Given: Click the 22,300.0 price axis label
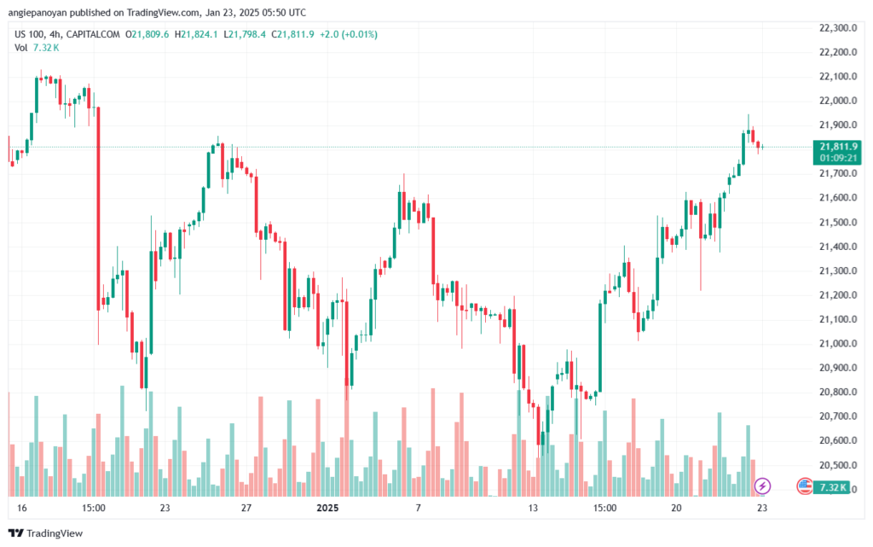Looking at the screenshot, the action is point(838,28).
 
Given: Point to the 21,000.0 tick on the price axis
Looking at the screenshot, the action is point(838,344).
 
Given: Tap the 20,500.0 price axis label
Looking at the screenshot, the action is point(838,465).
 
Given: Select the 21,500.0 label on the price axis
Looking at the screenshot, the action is point(838,222).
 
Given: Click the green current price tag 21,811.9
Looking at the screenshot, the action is point(839,147).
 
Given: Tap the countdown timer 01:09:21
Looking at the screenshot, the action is point(839,158).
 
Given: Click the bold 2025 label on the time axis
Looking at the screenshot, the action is point(327,508).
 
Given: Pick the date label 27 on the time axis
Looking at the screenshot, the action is point(246,508).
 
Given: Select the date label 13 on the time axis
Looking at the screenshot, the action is point(533,508).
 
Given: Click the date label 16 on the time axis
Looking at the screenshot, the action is point(21,508).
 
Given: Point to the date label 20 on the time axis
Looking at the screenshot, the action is point(676,508).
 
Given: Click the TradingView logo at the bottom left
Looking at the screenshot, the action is point(46,533).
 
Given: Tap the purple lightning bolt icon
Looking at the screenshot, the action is point(762,486).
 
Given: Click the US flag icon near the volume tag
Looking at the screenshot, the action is point(804,486).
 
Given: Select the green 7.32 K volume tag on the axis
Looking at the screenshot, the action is point(832,488).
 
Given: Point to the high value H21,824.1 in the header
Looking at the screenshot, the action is point(196,34).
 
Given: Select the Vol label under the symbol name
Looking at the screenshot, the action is point(20,48).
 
